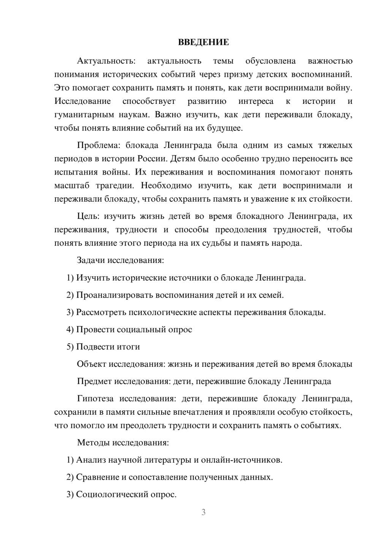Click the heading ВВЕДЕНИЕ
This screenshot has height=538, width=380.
(203, 42)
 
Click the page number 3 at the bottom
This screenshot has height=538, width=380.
(203, 512)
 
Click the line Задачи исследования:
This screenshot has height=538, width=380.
(120, 260)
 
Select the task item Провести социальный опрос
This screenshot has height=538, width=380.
(129, 329)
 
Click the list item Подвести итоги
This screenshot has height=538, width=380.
(103, 347)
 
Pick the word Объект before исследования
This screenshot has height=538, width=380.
(92, 364)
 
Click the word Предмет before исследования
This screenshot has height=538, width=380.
(94, 381)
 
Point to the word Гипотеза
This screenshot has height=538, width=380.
(95, 398)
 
